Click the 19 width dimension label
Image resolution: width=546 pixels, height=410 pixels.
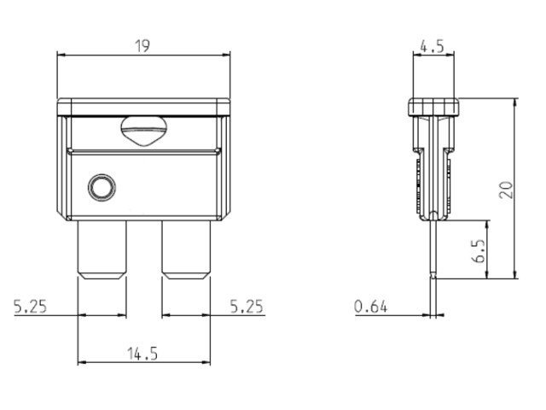pos(142,46)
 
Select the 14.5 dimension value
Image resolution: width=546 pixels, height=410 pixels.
pos(142,354)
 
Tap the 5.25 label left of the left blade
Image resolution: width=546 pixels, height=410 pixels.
pos(30,306)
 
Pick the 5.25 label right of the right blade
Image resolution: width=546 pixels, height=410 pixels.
pos(247,306)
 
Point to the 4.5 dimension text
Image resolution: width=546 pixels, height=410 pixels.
pos(433,46)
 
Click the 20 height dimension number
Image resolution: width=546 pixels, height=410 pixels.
pos(506,190)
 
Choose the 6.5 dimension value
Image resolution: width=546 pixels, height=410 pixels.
pos(479,250)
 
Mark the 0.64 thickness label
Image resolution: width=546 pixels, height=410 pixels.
pos(370,307)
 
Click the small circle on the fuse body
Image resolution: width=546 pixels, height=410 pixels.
pos(102,188)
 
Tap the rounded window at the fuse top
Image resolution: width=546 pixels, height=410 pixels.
pos(144,131)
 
